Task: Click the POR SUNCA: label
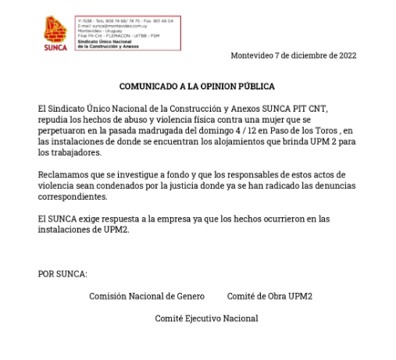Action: (62, 274)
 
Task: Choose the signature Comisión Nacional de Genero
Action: (147, 297)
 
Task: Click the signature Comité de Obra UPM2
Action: (269, 297)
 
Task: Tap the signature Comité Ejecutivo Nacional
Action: (206, 319)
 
